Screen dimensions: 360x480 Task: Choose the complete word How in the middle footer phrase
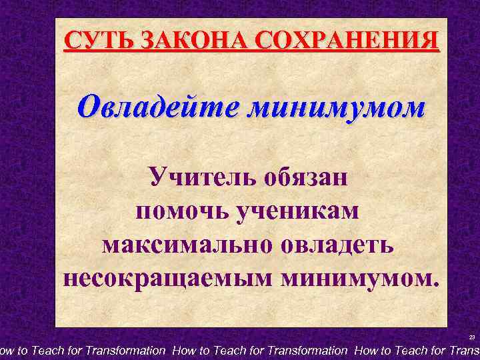(x=185, y=350)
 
